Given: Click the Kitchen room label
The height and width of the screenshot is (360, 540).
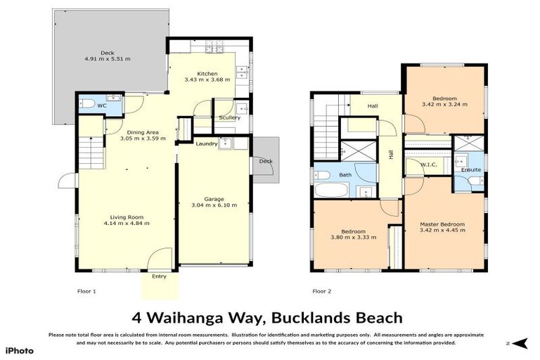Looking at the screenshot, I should click(207, 74).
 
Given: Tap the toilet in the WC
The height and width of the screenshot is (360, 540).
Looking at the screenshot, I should click(87, 104).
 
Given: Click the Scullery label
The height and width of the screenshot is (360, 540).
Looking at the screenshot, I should click(229, 117).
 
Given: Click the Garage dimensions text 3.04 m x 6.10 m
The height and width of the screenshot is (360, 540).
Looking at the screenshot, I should click(214, 206).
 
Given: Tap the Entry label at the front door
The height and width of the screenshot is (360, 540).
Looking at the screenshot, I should click(160, 276).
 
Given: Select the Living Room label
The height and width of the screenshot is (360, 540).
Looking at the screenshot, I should click(127, 217).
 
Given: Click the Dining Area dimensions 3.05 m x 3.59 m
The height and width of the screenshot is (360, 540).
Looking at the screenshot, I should click(143, 139).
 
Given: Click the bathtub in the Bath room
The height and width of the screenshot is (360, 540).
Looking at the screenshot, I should click(330, 190).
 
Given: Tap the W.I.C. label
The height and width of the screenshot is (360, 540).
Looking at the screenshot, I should click(429, 165).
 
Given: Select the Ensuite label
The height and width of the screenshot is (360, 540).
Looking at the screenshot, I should click(471, 169).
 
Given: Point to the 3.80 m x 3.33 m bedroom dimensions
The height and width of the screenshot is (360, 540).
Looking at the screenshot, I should click(353, 238).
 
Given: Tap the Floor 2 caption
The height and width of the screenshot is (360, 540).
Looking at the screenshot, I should click(321, 290).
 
